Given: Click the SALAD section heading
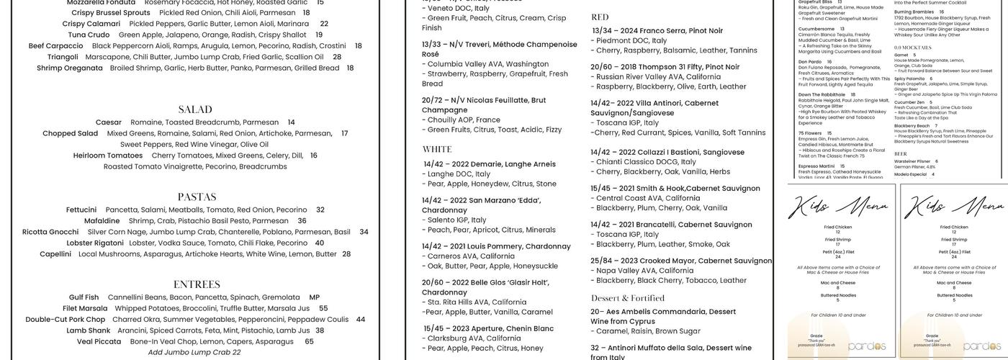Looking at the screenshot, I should click(195, 109).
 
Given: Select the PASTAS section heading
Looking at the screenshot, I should click(197, 197).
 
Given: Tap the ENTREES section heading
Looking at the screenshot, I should click(197, 284).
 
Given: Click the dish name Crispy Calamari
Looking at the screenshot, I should click(91, 24).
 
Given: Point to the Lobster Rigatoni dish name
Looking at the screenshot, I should click(95, 243).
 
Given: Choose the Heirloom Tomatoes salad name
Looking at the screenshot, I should click(108, 155).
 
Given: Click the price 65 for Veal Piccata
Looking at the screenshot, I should click(309, 341).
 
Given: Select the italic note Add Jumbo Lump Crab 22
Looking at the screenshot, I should click(194, 352).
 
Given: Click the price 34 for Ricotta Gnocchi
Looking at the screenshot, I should click(364, 232).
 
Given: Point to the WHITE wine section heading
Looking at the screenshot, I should click(437, 150).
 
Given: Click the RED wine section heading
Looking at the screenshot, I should click(600, 17).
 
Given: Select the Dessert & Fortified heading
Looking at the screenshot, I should click(628, 298).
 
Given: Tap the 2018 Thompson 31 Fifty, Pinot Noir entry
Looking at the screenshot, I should click(665, 67).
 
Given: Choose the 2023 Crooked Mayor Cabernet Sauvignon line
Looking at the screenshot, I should click(681, 261).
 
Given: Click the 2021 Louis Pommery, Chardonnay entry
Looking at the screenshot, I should click(496, 246).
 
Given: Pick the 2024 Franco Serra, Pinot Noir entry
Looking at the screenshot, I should click(657, 31).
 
